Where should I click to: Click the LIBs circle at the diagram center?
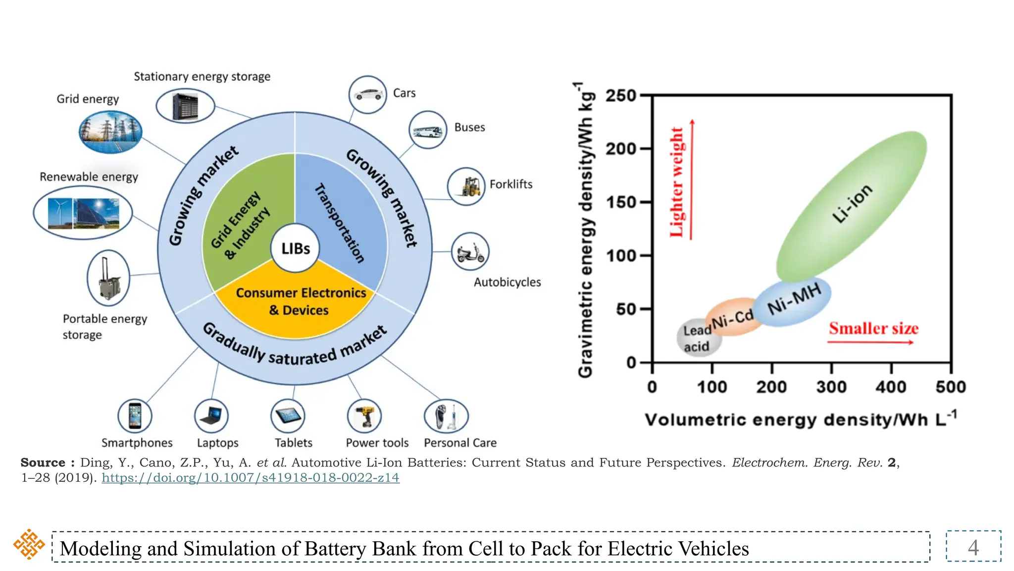point(295,248)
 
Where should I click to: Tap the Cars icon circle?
point(367,94)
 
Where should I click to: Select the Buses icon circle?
point(427,130)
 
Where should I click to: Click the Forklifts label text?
point(510,184)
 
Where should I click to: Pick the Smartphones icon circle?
point(135,416)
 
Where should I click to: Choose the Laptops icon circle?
point(211,416)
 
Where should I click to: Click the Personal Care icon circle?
point(446,416)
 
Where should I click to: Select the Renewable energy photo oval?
point(83,213)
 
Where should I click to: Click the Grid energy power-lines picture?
point(110,132)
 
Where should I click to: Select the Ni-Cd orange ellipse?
point(733,317)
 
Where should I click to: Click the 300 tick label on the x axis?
point(831,387)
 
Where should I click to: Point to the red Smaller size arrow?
point(870,342)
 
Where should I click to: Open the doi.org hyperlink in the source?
point(251,478)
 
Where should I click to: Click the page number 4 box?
point(973,547)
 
